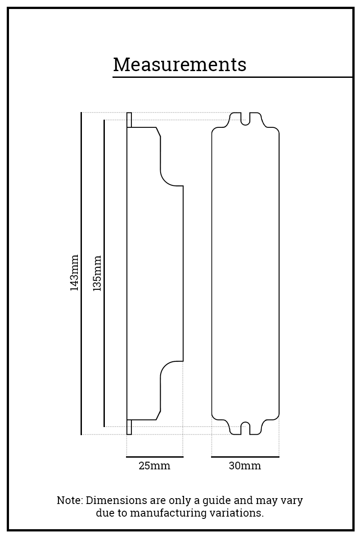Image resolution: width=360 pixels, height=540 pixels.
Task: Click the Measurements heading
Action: click(x=180, y=65)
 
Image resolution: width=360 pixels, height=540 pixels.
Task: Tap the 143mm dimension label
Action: click(x=74, y=273)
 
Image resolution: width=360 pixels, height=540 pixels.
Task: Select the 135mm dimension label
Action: click(x=97, y=273)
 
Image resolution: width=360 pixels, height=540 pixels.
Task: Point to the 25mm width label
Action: click(x=154, y=466)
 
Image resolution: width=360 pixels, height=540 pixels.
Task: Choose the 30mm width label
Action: click(x=245, y=466)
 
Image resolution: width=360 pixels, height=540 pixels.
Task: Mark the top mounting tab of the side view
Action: click(x=129, y=120)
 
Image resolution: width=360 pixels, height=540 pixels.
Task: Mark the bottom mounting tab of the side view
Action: click(x=129, y=427)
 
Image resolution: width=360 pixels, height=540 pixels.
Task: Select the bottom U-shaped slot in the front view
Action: click(x=245, y=428)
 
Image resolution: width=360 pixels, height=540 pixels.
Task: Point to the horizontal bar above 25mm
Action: click(x=155, y=457)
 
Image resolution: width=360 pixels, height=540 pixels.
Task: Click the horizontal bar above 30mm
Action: click(x=245, y=457)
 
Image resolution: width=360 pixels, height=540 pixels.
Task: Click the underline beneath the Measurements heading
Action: click(x=232, y=77)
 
